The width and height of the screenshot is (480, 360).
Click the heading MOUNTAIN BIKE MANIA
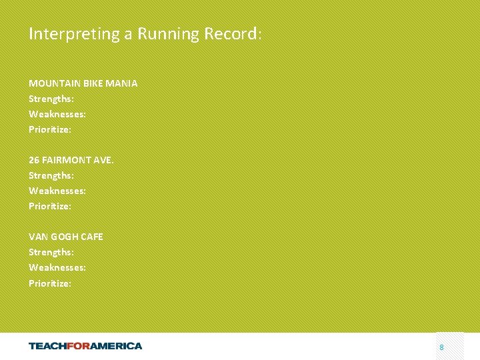coord(83,83)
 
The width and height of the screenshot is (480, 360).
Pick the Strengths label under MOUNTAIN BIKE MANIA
coord(51,99)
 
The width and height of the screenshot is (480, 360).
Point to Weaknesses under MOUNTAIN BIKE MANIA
coord(57,114)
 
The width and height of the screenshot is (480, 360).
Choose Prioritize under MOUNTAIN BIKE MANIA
coord(50,129)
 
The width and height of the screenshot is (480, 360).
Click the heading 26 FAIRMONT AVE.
coord(71,160)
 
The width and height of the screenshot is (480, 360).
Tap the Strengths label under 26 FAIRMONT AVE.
coord(51,175)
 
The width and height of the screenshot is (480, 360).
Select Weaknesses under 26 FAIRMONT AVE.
coord(57,191)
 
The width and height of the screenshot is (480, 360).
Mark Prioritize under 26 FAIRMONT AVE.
coord(50,206)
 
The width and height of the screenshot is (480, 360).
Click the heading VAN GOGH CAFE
coord(66,237)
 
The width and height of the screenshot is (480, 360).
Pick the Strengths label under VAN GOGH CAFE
coord(51,252)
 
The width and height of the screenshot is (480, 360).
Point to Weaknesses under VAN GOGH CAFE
coord(57,267)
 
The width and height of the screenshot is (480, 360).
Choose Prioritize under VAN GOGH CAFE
coord(50,283)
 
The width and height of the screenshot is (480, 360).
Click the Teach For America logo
coord(85,345)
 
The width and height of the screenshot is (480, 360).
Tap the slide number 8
coord(441,347)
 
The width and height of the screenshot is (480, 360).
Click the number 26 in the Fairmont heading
coord(34,160)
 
